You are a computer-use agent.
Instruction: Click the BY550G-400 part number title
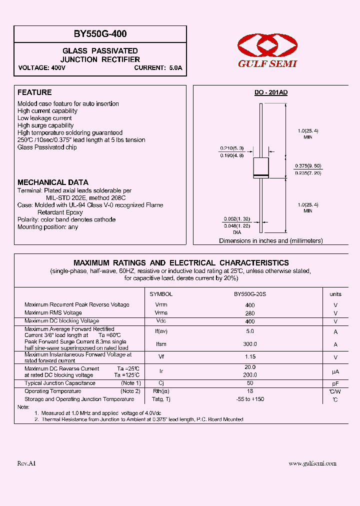(100, 34)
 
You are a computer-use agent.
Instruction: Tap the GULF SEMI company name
(267, 63)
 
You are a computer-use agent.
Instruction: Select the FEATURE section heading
(34, 92)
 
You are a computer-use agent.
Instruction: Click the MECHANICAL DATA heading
(53, 182)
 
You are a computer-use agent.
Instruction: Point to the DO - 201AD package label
(271, 92)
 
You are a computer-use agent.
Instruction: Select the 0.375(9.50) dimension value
(307, 165)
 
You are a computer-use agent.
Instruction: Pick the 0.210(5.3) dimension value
(230, 148)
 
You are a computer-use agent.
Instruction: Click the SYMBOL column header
(161, 294)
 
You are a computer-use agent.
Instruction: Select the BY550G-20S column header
(250, 294)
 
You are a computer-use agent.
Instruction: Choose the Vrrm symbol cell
(161, 304)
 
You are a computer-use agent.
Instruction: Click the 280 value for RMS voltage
(250, 313)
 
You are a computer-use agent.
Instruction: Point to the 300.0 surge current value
(250, 344)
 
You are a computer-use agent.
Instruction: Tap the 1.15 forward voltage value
(250, 357)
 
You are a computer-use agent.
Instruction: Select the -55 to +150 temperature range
(250, 399)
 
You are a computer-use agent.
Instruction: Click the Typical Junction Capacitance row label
(60, 383)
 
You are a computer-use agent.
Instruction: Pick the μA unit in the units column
(335, 371)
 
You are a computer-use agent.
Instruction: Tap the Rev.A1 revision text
(26, 464)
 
